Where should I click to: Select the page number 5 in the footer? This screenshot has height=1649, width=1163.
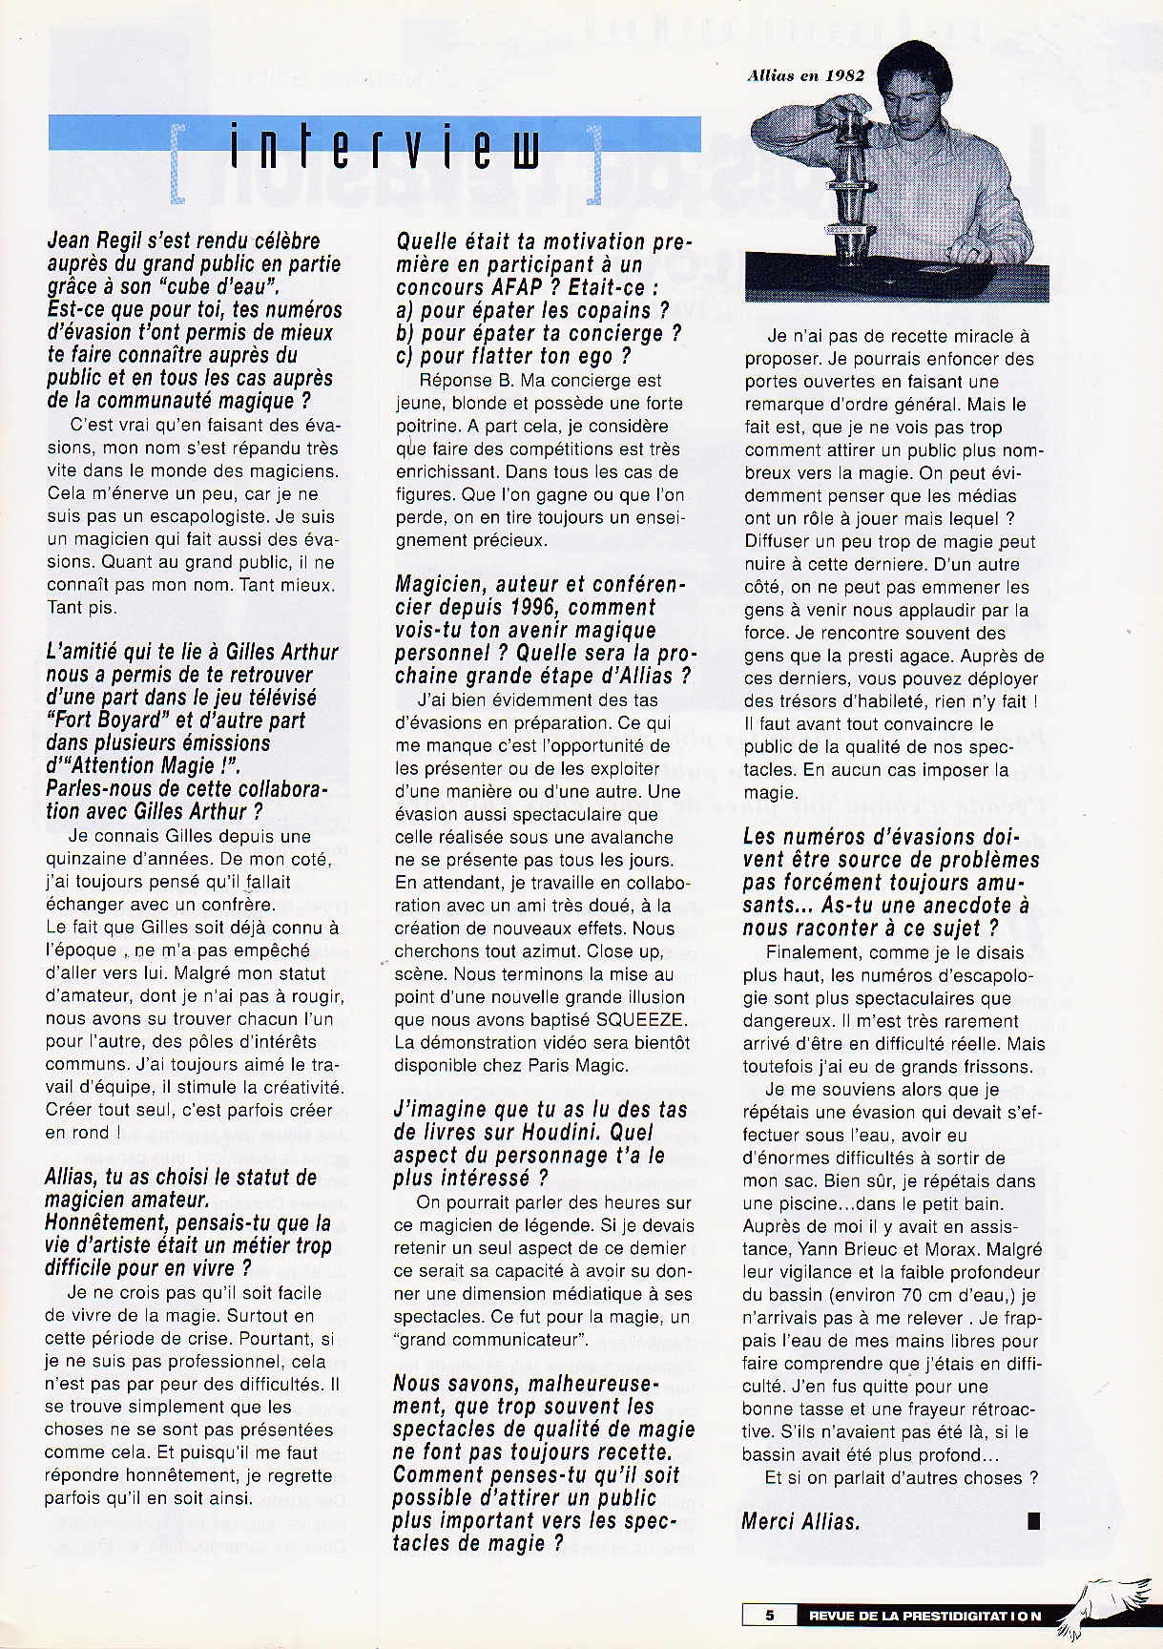[770, 1616]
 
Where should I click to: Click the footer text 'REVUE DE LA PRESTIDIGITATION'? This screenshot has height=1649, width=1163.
[924, 1616]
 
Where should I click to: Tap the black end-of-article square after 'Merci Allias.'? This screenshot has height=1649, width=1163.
[1033, 1521]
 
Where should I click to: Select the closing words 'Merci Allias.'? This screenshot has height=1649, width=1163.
[800, 1521]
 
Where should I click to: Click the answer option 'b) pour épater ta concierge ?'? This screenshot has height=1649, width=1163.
[539, 334]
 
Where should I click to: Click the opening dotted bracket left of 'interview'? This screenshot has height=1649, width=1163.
[177, 162]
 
